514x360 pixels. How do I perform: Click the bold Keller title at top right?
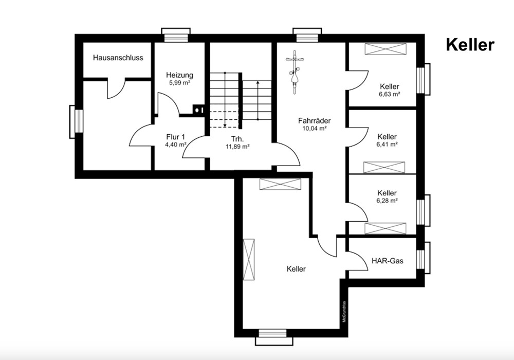click(470, 45)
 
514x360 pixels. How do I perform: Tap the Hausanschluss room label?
click(118, 58)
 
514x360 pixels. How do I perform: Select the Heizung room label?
click(179, 75)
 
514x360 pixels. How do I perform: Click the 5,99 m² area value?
click(179, 83)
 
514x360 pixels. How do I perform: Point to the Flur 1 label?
click(176, 137)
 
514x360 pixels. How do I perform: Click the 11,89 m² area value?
click(237, 147)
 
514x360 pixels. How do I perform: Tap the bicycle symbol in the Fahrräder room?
click(295, 72)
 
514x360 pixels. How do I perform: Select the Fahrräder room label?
click(315, 121)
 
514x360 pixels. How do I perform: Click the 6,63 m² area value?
click(390, 94)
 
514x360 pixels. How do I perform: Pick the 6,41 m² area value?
click(387, 145)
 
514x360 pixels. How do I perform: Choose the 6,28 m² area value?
click(387, 201)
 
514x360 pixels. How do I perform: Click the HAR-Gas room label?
click(388, 261)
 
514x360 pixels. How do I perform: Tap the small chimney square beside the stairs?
click(198, 110)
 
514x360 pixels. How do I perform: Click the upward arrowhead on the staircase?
click(258, 83)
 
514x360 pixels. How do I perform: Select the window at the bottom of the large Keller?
click(272, 337)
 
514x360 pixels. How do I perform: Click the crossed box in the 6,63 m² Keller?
click(385, 49)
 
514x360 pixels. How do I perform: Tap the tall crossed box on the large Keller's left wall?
click(249, 259)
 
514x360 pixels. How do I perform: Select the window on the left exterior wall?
click(76, 122)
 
